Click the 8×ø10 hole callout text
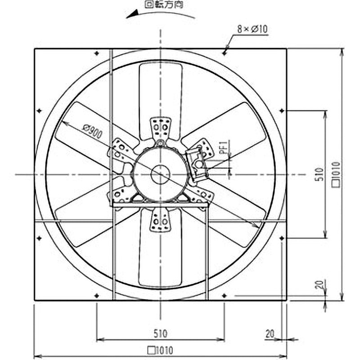252,29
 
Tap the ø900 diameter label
92,131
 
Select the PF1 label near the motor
223,147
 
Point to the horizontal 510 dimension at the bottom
160,333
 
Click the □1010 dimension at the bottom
160,351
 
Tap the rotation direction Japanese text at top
164,4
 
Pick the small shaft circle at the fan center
160,175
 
